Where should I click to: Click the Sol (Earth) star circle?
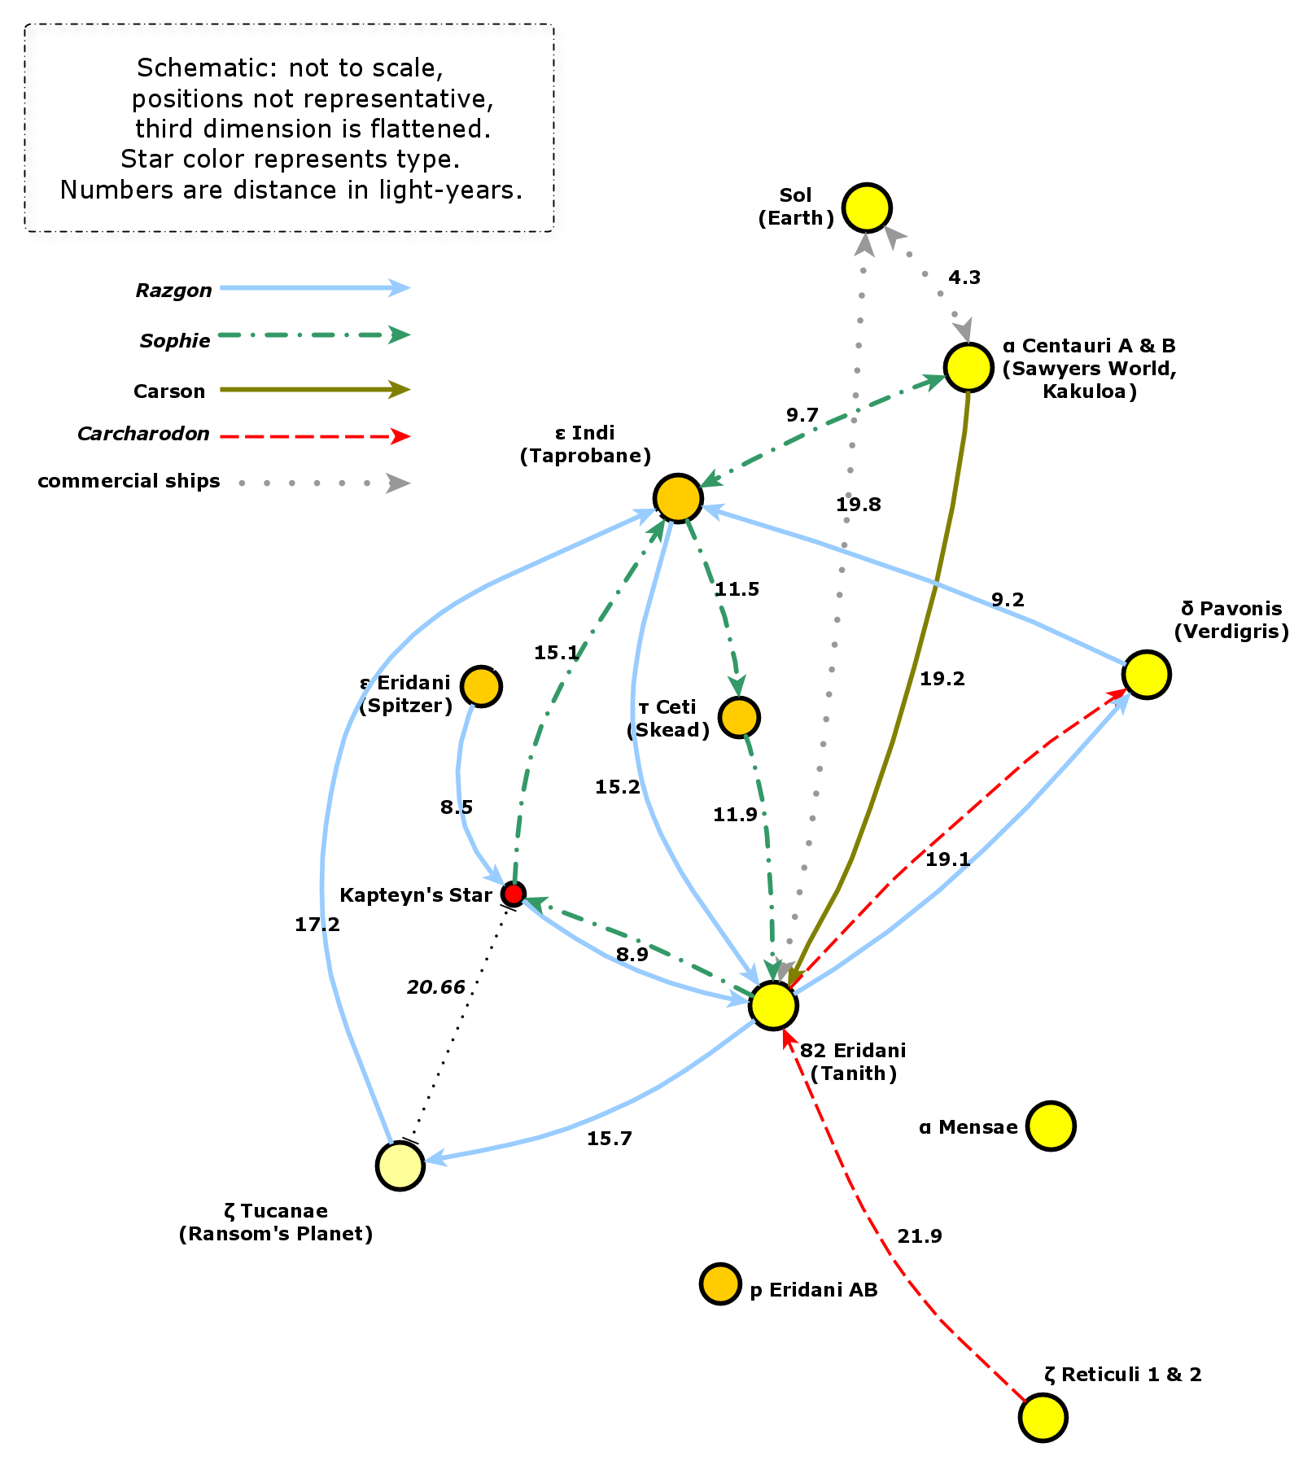[x=867, y=208]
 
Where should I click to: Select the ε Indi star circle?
[x=678, y=497]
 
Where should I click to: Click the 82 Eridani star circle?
[x=773, y=1005]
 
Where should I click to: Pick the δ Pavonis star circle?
[x=1147, y=675]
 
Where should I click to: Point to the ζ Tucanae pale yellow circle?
[x=400, y=1165]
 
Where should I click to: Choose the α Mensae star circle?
[x=1051, y=1126]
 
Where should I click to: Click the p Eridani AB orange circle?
[x=720, y=1284]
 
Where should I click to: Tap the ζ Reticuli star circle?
[x=1043, y=1417]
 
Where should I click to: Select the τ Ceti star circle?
[x=739, y=717]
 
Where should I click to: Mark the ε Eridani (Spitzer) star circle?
[x=481, y=686]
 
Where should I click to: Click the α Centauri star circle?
[x=968, y=367]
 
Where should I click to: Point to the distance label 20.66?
[x=436, y=987]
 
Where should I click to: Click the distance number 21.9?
[x=920, y=1236]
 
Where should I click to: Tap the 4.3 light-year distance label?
[x=964, y=278]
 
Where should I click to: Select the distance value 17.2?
[x=317, y=924]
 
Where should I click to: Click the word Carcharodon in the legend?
[x=143, y=434]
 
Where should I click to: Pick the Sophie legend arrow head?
[x=399, y=335]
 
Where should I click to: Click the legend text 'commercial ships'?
[x=129, y=481]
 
